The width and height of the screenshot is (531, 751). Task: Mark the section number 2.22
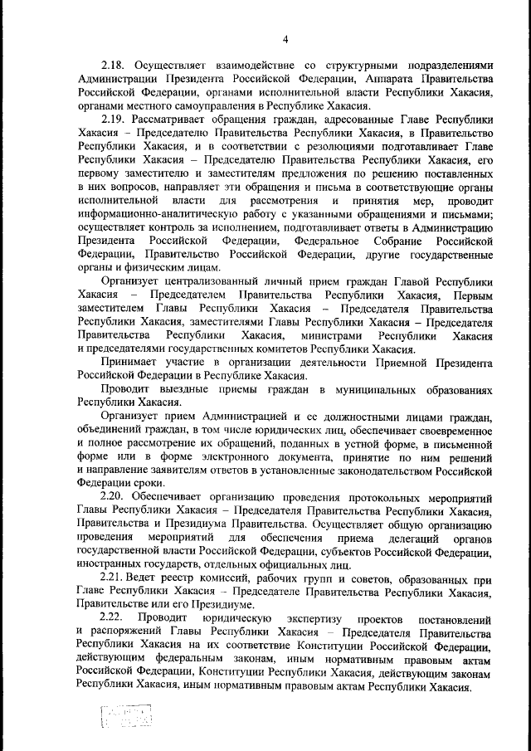click(x=111, y=619)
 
